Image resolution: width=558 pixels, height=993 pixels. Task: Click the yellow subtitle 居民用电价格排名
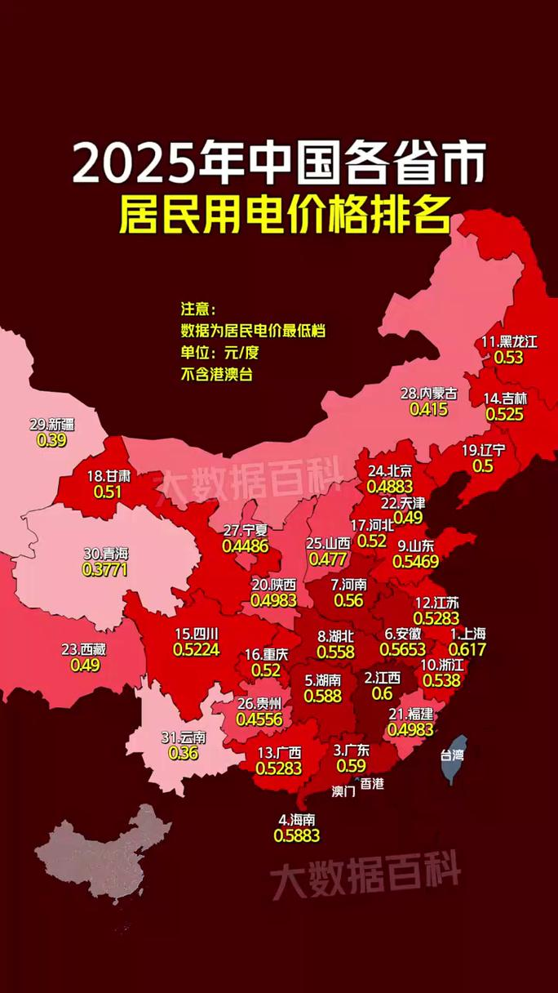[x=285, y=215]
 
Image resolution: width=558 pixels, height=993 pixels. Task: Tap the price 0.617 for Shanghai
[x=467, y=649]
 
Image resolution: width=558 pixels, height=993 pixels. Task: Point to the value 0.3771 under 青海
[x=105, y=569]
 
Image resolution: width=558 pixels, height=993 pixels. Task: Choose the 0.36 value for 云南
[x=183, y=753]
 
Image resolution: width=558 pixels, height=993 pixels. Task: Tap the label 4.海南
[x=297, y=819]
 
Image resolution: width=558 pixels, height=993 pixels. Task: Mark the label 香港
[x=371, y=783]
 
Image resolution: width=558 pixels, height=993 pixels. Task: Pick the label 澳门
[x=343, y=791]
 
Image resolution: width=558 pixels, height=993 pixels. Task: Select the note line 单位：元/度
[x=219, y=353]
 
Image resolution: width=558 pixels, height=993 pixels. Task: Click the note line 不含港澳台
[x=216, y=376]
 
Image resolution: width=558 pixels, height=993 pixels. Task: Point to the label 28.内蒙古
[x=428, y=394]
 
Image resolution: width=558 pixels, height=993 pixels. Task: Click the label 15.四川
[x=197, y=633]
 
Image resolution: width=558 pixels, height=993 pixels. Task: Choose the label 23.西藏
[x=83, y=650]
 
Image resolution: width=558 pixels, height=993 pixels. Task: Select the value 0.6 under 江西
[x=382, y=692]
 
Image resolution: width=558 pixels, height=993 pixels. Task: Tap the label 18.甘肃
[x=107, y=476]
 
